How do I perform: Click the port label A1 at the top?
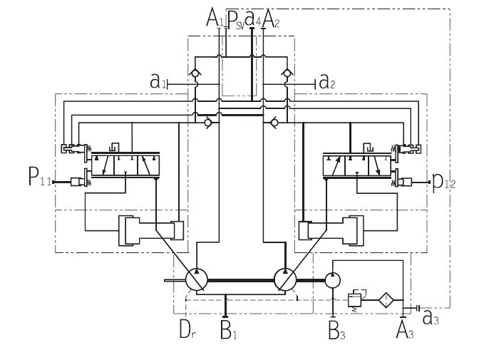point(215,18)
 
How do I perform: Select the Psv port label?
point(236,20)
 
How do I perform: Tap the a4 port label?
point(253,18)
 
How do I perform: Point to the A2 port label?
point(271,19)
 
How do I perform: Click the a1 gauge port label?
point(158,82)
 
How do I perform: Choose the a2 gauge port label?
point(327,82)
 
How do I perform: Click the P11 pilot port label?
point(40,176)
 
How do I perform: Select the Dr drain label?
point(187,329)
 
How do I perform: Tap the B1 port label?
point(229,329)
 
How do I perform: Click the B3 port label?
point(336,330)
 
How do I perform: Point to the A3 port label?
point(405,329)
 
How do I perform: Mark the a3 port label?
point(431,318)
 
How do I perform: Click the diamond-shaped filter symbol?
point(386,300)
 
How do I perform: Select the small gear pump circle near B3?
point(333,280)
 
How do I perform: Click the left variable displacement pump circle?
point(197,279)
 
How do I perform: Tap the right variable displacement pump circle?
point(285,279)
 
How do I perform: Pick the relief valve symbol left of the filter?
point(356,299)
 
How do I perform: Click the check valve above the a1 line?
point(195,73)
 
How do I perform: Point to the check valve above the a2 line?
point(287,73)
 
